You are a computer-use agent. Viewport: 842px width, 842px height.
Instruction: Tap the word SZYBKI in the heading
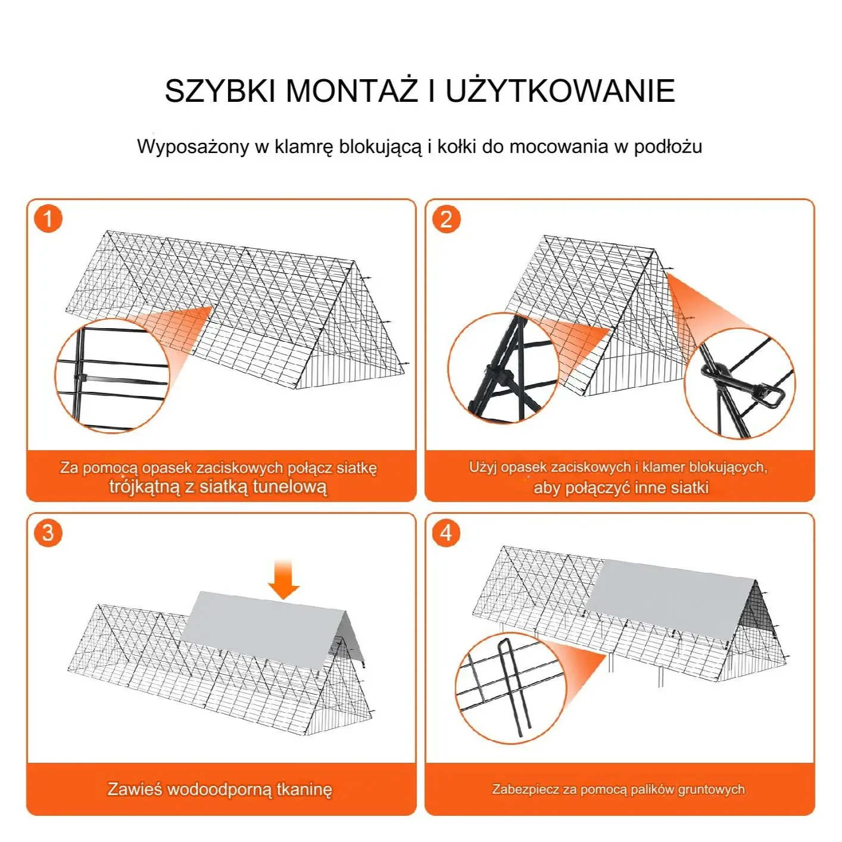(x=220, y=91)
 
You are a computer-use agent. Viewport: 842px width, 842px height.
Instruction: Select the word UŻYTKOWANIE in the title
(x=560, y=91)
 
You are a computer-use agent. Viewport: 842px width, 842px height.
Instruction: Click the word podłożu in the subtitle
(x=668, y=147)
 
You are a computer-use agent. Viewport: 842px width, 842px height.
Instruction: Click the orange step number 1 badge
(x=48, y=219)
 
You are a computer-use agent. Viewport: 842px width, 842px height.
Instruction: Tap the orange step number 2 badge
(x=446, y=219)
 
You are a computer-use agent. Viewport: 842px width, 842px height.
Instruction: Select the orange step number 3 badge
(x=48, y=532)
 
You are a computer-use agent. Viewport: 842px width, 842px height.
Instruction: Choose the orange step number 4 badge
(x=446, y=532)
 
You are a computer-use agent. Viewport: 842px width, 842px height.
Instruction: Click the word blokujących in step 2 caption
(x=728, y=467)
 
